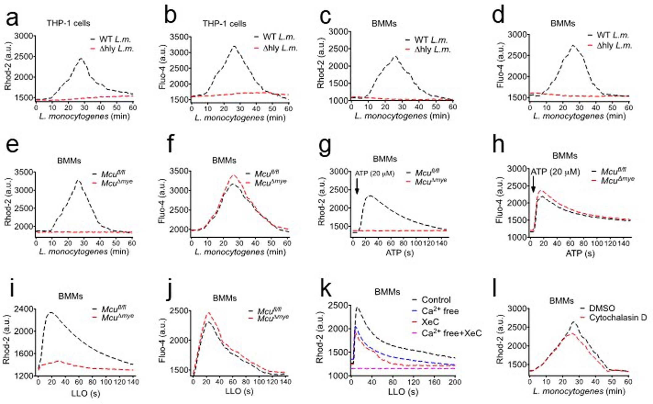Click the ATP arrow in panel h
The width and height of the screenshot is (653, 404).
(x=533, y=185)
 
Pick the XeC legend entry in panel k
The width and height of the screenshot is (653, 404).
(x=430, y=322)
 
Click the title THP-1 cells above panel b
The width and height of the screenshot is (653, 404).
(x=224, y=23)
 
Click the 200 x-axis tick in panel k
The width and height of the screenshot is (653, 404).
(x=455, y=382)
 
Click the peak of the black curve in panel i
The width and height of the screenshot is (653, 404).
(x=51, y=313)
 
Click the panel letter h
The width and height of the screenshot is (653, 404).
(x=498, y=145)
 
